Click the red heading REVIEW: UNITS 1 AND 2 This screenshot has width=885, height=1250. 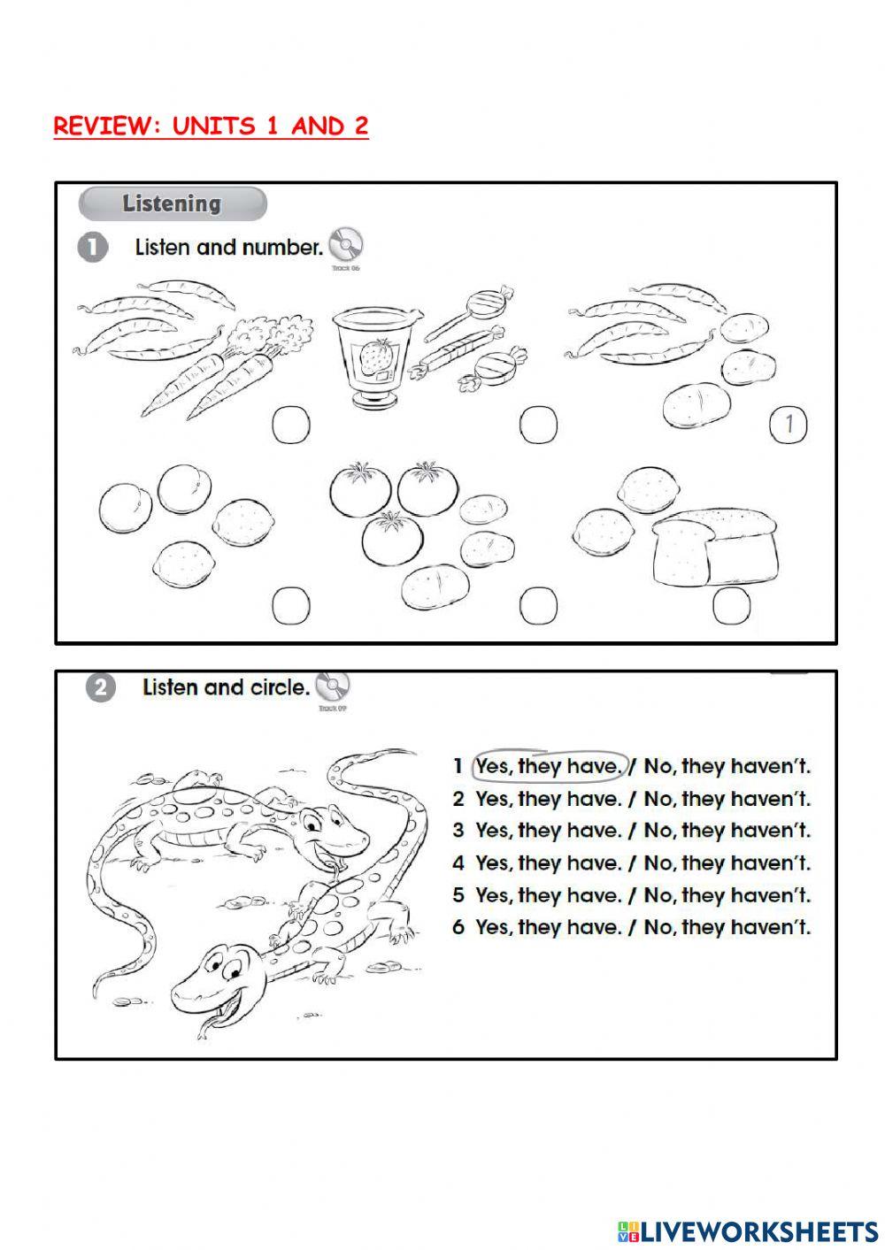point(211,127)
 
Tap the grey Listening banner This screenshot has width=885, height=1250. point(173,203)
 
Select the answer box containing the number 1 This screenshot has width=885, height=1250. point(789,426)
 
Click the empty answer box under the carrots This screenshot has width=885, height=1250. point(290,426)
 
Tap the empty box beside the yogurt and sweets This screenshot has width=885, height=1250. point(538,426)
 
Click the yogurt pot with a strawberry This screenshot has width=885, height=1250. point(370,357)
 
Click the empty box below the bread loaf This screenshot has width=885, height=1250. point(731,606)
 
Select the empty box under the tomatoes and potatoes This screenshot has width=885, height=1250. point(538,606)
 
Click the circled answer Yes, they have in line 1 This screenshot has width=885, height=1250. point(549,766)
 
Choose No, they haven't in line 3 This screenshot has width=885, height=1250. point(727,831)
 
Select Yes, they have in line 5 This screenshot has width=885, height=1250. point(549,895)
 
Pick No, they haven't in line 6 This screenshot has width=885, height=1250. point(727,927)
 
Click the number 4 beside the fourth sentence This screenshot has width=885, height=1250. point(458,863)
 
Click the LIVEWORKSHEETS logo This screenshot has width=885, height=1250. point(747,1231)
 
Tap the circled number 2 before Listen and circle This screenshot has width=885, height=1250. point(101,687)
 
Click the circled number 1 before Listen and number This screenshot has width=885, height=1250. point(92,248)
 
